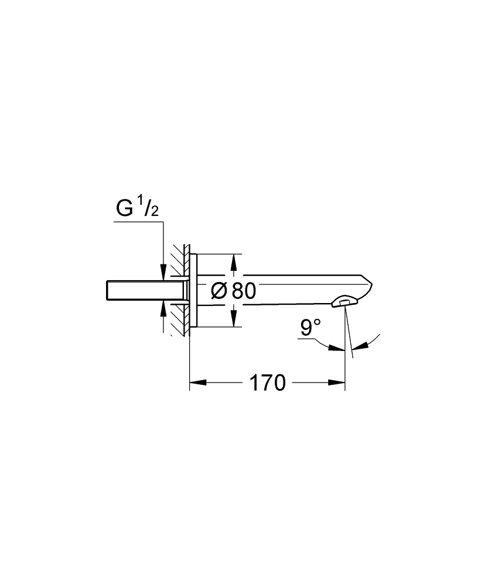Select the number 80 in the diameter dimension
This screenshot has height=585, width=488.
[244, 291]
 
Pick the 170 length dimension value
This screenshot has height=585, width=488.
[268, 383]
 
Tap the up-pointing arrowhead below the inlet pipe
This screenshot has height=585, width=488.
[162, 308]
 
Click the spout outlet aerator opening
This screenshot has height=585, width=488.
[344, 302]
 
